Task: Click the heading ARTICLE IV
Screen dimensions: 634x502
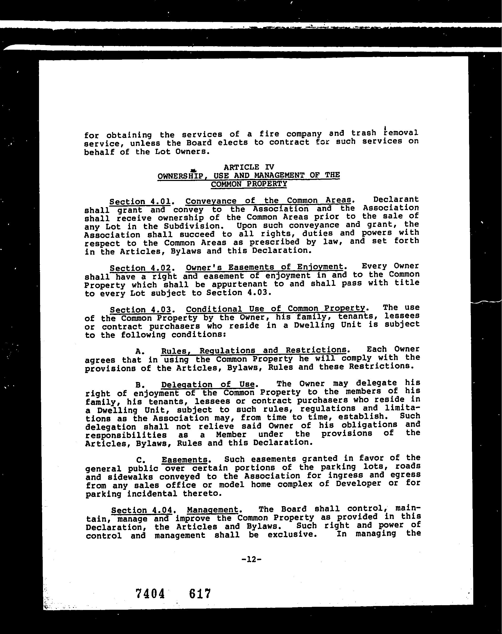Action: point(249,167)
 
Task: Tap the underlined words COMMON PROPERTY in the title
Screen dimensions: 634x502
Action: point(249,184)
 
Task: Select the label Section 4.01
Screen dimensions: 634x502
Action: point(140,202)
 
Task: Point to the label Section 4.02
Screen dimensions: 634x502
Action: point(140,268)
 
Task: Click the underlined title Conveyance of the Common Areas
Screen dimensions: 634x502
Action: point(268,201)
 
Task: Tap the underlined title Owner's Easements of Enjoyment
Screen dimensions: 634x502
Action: point(264,267)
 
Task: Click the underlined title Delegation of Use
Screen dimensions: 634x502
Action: point(207,385)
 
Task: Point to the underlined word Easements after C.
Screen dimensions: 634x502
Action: point(184,460)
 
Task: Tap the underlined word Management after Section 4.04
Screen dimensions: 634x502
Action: point(213,509)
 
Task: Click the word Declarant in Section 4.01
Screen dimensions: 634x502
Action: point(396,199)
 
